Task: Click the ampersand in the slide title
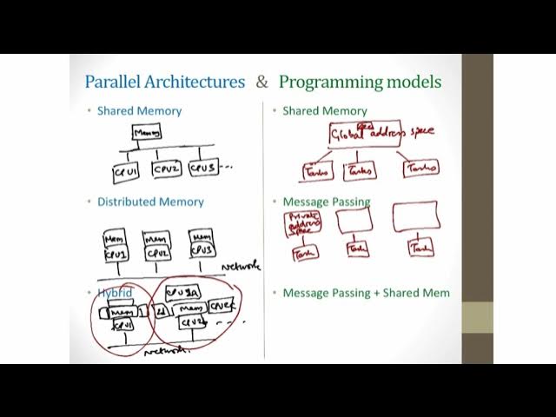click(x=262, y=83)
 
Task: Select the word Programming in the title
click(x=330, y=83)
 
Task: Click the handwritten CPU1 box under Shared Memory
click(x=126, y=172)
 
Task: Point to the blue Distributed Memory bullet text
click(x=150, y=202)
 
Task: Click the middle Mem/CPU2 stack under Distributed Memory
click(x=157, y=245)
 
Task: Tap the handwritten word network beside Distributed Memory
click(x=241, y=266)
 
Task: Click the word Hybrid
click(x=115, y=293)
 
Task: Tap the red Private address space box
click(x=301, y=224)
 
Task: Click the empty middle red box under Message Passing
click(x=354, y=221)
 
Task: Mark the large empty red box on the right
click(x=414, y=217)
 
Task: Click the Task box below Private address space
click(x=305, y=253)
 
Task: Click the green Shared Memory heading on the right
click(x=324, y=111)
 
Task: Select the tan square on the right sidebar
click(x=477, y=317)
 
